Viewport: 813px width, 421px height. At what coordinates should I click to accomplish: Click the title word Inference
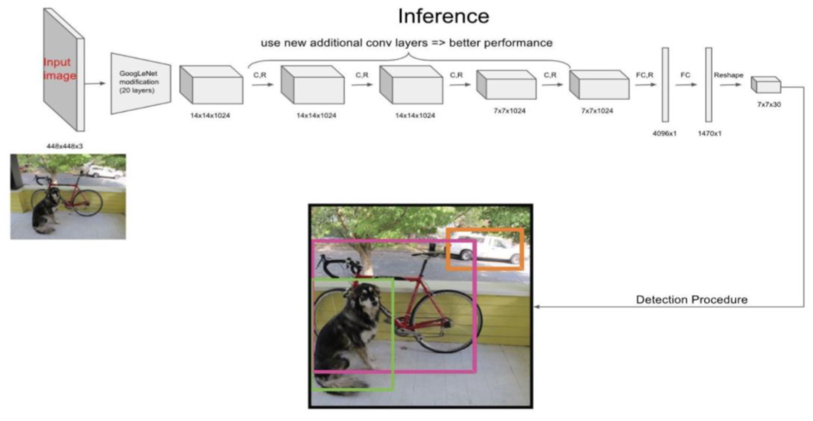pos(443,16)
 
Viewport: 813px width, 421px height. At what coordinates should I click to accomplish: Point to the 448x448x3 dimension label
pos(65,146)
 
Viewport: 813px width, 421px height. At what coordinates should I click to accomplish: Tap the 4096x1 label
pos(664,133)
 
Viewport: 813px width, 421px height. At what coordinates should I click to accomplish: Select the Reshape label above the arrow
pos(728,75)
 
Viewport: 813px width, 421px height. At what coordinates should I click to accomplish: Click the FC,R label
pos(644,75)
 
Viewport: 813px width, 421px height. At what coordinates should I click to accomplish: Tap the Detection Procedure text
pos(691,299)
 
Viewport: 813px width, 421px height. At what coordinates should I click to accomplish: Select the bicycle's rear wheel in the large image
pos(446,320)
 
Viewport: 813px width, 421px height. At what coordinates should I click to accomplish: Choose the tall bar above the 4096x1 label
pos(665,85)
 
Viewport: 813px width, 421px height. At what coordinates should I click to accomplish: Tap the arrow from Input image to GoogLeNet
pos(95,85)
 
